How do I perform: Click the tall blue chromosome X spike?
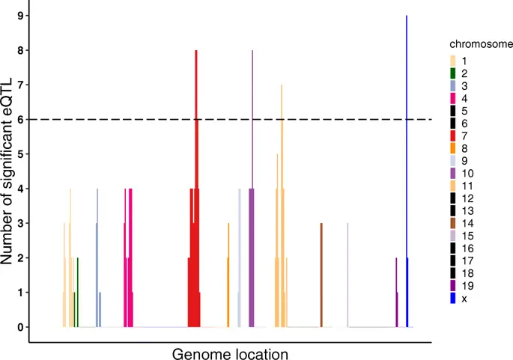click(x=407, y=150)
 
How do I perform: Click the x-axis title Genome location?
click(x=231, y=353)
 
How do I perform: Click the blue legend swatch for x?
click(x=453, y=298)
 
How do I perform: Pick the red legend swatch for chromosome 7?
click(x=453, y=135)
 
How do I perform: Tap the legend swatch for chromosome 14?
click(x=453, y=224)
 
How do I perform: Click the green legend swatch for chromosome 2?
click(x=453, y=73)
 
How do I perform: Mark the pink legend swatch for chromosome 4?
click(x=453, y=98)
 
